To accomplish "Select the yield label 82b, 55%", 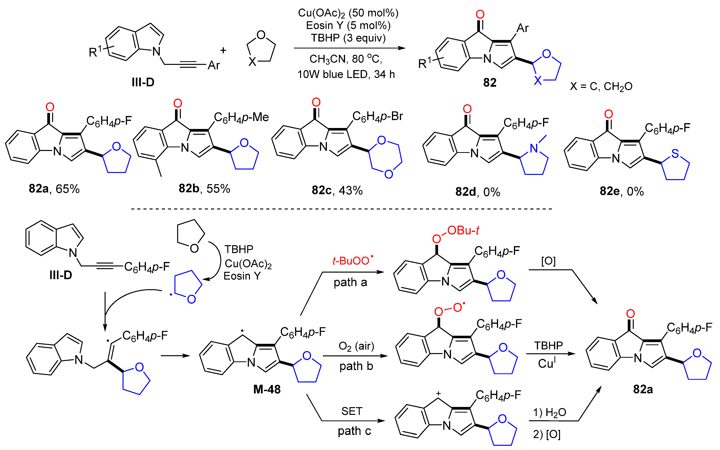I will tap(204, 188).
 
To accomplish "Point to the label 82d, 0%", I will tap(477, 192).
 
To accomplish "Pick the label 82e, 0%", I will tap(622, 191).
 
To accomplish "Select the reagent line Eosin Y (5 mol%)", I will tap(348, 26).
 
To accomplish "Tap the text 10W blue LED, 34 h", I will tap(346, 74).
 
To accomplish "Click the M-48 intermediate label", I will tap(267, 389).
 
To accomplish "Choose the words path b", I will tap(356, 366).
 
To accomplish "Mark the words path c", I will tap(354, 431).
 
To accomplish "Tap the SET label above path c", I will tap(352, 411).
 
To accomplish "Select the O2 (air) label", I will tap(356, 346).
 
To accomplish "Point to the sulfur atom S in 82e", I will tap(675, 154).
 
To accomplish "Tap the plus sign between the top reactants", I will tap(223, 51).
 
